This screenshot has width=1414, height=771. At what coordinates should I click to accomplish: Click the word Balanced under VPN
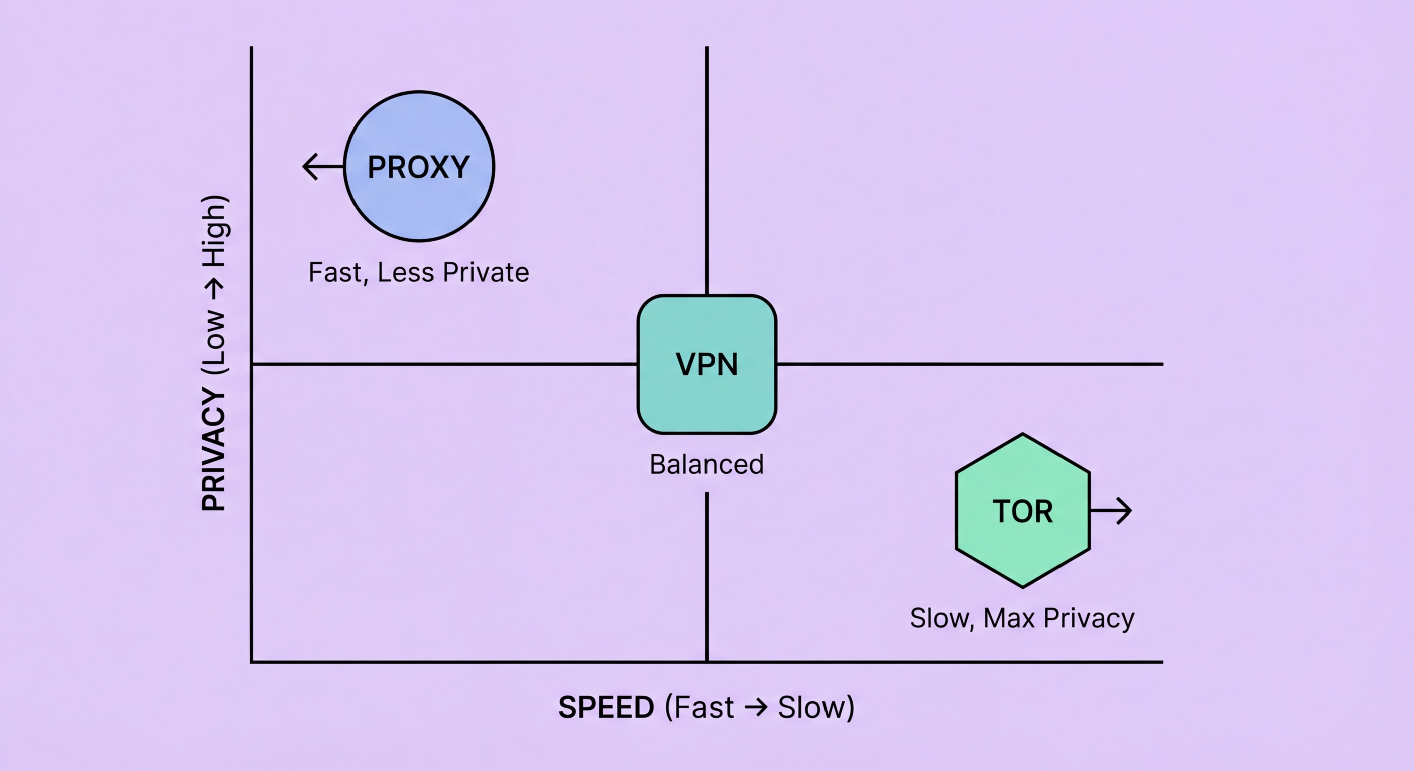[706, 465]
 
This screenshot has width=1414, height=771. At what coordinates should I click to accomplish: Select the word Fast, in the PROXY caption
[338, 273]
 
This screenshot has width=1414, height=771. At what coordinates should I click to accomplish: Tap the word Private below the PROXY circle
[486, 272]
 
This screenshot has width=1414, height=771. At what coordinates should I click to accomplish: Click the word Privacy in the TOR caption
[1089, 619]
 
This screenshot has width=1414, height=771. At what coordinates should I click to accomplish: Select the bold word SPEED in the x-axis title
[606, 707]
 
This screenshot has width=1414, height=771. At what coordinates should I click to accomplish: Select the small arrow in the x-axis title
[756, 707]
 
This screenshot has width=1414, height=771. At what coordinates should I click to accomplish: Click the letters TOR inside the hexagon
[1023, 511]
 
